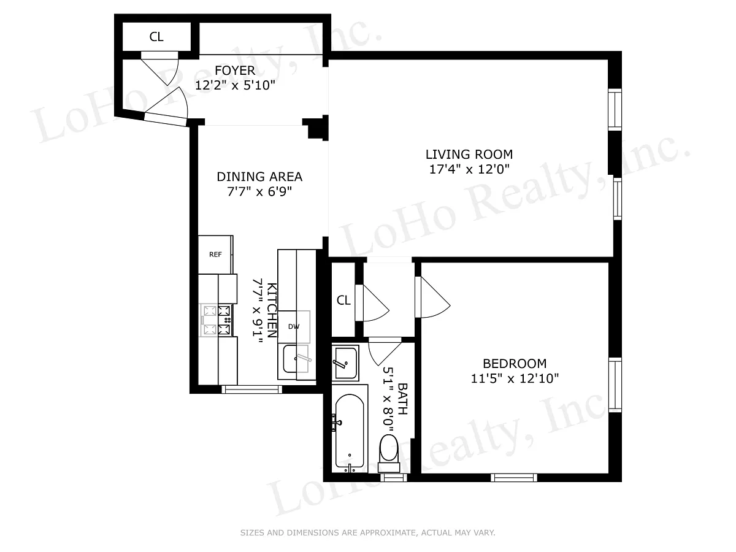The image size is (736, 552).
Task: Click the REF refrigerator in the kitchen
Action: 215,255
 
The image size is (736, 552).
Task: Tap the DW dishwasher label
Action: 294,326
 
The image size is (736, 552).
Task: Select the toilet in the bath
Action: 389,453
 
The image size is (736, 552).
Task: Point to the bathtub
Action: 350,432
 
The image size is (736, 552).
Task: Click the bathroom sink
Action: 345,363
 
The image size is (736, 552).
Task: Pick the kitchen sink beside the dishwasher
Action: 296,359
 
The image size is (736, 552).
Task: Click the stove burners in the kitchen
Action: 217,320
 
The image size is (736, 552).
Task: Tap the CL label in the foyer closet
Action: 156,37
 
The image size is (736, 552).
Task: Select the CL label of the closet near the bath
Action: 343,301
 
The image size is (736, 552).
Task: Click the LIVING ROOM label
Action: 469,155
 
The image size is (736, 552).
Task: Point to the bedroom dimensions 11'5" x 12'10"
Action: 515,378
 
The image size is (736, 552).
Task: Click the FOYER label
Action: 235,71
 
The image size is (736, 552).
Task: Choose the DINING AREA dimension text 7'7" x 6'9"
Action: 259,192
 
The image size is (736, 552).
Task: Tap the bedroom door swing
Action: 432,297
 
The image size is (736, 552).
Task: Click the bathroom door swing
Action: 385,351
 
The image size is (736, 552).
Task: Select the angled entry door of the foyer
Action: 166,119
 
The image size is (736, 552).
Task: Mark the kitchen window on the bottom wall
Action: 252,389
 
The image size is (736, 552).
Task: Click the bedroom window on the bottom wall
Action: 514,478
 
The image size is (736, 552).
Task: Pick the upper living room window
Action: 615,109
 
